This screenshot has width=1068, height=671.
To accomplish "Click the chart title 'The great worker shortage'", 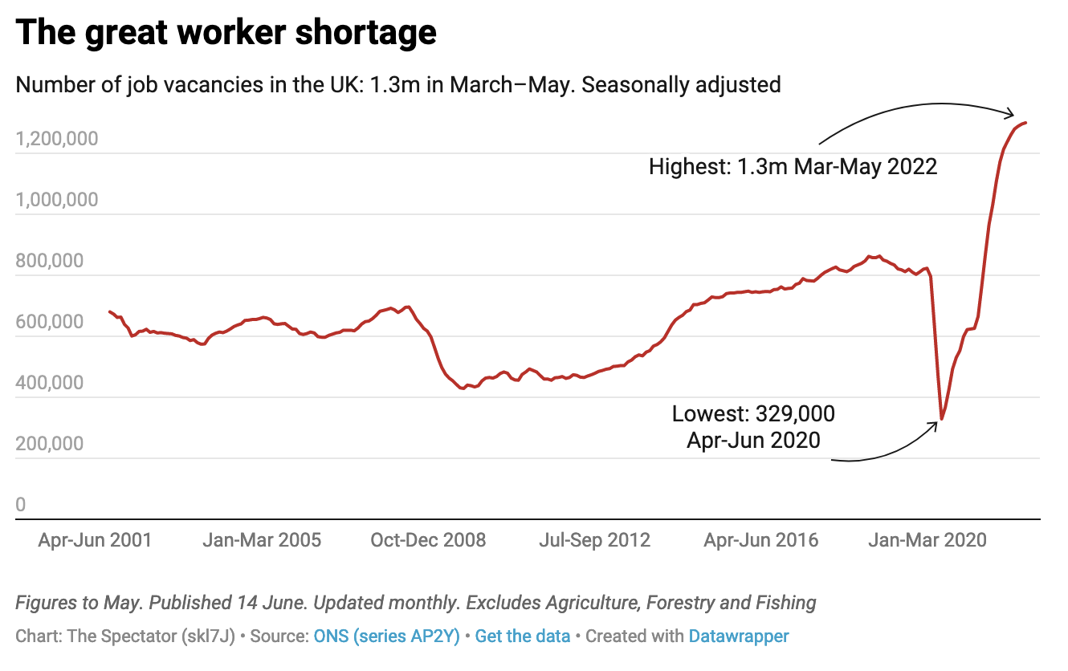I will (226, 32).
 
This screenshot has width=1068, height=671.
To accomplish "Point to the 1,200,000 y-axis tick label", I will (56, 139).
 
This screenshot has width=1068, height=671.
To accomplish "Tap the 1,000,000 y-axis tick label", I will (56, 200).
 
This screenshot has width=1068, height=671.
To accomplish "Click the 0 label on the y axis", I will (21, 505).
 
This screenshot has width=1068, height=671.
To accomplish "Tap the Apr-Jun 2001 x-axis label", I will (95, 540).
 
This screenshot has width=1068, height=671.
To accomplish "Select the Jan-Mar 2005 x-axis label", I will (262, 540).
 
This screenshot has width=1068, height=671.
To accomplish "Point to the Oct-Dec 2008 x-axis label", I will (428, 540).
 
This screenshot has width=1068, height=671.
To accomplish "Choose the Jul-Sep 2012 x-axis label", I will (595, 540).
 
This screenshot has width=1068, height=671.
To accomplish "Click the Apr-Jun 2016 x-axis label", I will (761, 540).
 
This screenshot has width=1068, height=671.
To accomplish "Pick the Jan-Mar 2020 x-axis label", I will (928, 540).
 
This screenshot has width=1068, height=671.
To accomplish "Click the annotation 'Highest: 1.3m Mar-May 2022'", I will (793, 167).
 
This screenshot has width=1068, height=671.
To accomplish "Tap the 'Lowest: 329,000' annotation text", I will (753, 414).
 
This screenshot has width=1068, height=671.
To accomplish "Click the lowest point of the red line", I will (942, 419).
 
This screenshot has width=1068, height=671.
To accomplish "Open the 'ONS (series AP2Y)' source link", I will (386, 636).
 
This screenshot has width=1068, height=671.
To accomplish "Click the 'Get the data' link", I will (523, 636).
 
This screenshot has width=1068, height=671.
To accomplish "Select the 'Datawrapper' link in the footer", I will (739, 636).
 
